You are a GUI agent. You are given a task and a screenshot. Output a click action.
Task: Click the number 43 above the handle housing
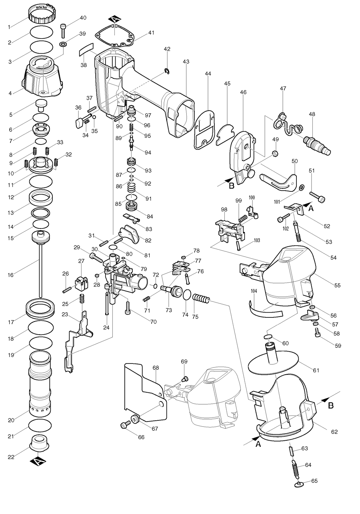186,62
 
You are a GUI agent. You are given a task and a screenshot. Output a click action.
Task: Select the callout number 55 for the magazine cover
337,285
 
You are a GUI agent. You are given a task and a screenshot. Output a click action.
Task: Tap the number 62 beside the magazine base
334,432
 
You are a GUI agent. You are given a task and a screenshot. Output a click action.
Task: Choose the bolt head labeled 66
124,425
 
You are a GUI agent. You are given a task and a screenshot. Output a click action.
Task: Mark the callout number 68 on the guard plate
156,367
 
